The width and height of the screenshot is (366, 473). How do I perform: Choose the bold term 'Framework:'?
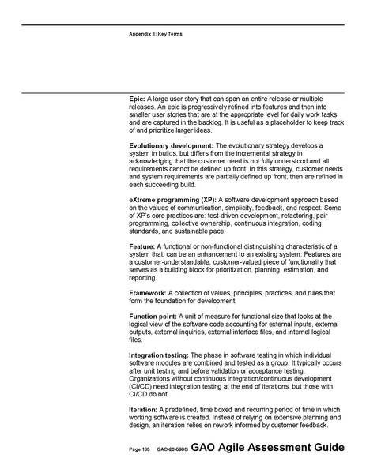click(148, 293)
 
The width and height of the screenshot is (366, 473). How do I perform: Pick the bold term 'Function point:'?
click(153, 316)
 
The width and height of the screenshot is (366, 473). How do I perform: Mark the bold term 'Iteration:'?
click(145, 410)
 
